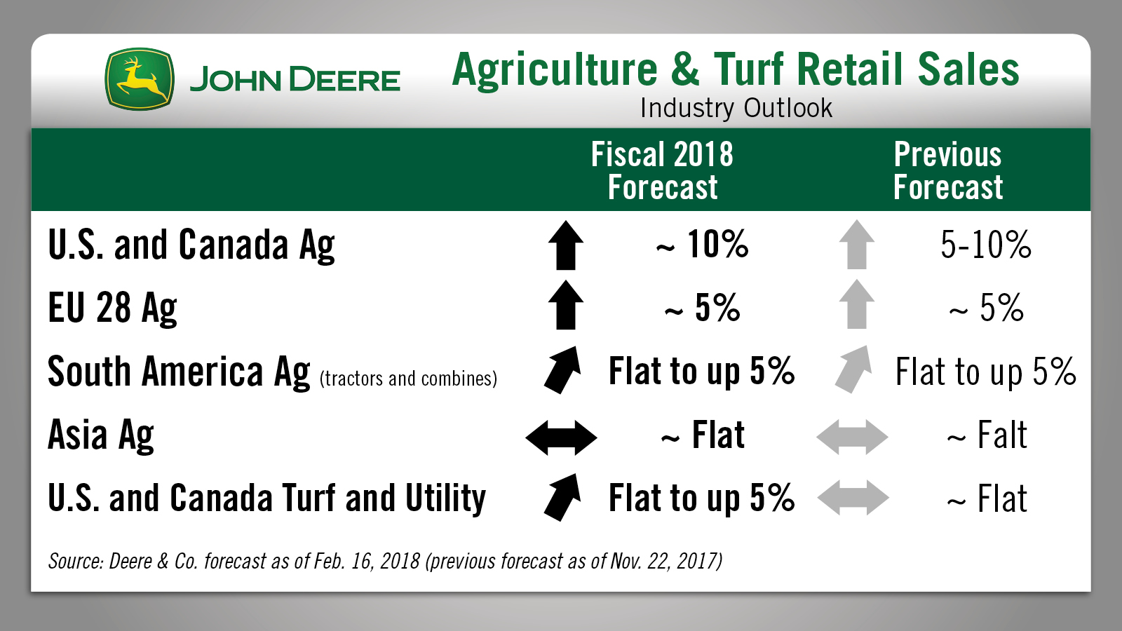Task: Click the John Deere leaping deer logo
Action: tap(140, 79)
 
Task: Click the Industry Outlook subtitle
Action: tap(736, 108)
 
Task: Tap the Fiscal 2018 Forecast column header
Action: tap(662, 170)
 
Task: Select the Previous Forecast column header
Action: tap(947, 170)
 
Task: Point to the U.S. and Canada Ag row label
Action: tap(191, 245)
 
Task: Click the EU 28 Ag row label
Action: tap(112, 308)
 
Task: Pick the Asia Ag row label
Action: tap(101, 435)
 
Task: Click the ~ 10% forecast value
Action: tap(702, 245)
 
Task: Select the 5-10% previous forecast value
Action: tap(986, 245)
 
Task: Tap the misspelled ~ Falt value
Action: tap(987, 435)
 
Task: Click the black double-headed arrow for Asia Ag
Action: tap(561, 437)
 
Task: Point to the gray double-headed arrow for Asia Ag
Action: tap(852, 437)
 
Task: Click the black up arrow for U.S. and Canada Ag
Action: tap(566, 245)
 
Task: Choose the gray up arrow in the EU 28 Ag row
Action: tap(857, 304)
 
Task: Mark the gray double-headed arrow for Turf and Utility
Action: tap(853, 498)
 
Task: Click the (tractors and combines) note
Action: tap(408, 379)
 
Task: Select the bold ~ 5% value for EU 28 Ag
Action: tap(702, 308)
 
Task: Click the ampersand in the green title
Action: tap(684, 69)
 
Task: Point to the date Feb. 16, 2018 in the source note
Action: tap(367, 561)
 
